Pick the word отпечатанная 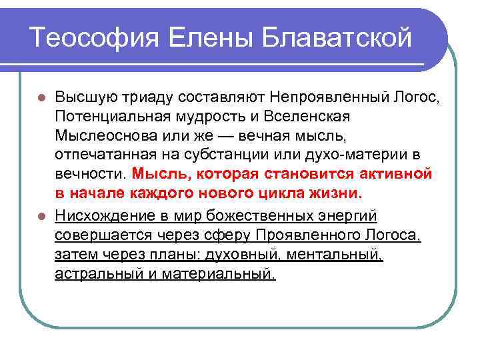(x=100, y=156)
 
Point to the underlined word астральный (x=97, y=273)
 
